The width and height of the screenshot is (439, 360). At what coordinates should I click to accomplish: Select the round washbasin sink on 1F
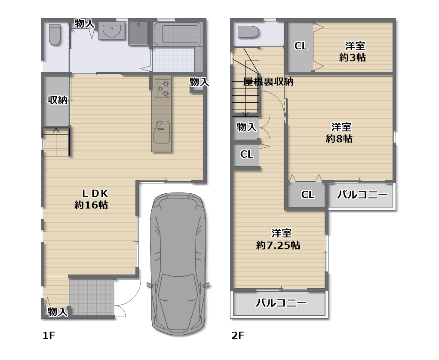[111, 31]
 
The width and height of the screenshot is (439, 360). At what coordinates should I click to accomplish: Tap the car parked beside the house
[178, 263]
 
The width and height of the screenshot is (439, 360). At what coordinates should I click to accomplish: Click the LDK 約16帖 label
[91, 199]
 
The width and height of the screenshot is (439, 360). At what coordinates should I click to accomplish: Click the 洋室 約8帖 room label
[340, 133]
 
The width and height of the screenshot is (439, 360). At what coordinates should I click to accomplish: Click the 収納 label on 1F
[57, 100]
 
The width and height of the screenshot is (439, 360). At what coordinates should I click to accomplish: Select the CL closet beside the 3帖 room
[301, 46]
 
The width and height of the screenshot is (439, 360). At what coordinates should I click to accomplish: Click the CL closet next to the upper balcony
[307, 195]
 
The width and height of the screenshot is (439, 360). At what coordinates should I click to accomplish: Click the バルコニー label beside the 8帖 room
[362, 195]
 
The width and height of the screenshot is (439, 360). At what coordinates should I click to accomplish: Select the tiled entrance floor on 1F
[92, 296]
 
